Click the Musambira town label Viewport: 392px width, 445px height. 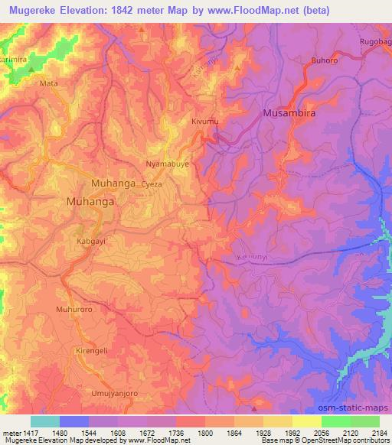tap(289, 113)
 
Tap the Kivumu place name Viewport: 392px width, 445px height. tap(204, 122)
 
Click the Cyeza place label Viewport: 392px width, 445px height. tap(152, 184)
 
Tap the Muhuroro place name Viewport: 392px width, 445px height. tap(73, 310)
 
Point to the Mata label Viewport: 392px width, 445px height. tap(48, 83)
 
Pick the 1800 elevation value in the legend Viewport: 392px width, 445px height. tap(204, 433)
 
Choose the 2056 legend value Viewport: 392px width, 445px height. tap(321, 433)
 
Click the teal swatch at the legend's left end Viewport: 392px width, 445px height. tap(45, 421)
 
